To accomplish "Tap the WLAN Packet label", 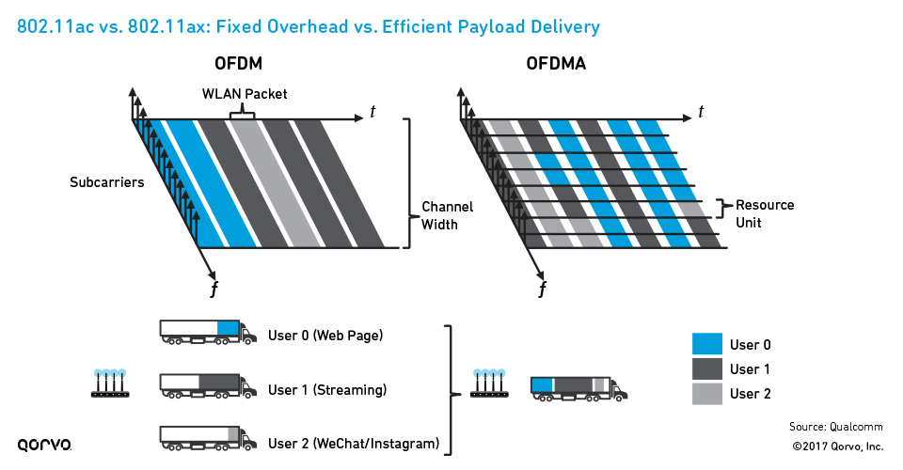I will (x=245, y=94).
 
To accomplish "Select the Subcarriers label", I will (x=106, y=182).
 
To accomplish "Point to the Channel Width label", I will (x=447, y=215).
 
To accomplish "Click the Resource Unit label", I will (x=765, y=213).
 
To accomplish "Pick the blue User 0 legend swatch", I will (x=706, y=344).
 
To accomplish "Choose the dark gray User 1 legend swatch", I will (x=706, y=368).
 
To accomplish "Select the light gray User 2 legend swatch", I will (x=706, y=393).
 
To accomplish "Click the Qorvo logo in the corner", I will (x=44, y=444).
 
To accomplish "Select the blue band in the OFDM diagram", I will (x=198, y=183).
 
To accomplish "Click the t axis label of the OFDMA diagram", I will (x=701, y=112).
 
